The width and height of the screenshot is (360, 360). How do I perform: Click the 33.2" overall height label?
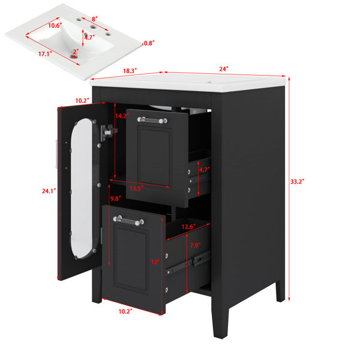click(297, 182)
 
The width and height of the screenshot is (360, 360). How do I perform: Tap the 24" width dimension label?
click(224, 69)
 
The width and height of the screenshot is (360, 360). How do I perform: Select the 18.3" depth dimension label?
click(130, 71)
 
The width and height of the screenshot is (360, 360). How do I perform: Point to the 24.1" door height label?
click(49, 191)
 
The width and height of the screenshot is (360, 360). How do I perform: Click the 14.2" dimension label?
click(122, 116)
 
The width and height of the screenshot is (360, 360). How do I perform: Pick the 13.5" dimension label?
click(137, 188)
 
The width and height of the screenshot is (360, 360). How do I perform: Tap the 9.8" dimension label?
click(116, 199)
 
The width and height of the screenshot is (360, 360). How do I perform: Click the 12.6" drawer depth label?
click(188, 227)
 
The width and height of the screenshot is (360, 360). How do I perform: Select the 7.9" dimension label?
click(195, 245)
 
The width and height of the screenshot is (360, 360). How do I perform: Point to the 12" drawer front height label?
click(155, 262)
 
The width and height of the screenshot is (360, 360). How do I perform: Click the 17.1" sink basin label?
click(45, 54)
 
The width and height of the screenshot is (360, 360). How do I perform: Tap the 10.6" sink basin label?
click(55, 25)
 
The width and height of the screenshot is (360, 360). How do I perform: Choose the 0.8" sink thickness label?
click(149, 43)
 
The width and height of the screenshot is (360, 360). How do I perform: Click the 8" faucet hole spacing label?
click(95, 19)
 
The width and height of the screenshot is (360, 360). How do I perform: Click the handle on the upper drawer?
click(152, 120)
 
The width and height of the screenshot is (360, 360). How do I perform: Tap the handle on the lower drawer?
click(128, 220)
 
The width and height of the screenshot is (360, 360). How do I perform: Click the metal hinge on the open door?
click(108, 133)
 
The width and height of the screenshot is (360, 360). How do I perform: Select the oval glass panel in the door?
click(82, 189)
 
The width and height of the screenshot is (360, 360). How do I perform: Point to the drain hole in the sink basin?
click(74, 56)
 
